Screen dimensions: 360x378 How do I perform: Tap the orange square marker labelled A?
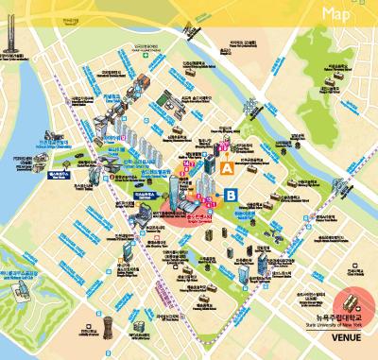pyautogui.click(x=227, y=167)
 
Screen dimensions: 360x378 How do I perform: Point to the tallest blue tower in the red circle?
pyautogui.click(x=180, y=195)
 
